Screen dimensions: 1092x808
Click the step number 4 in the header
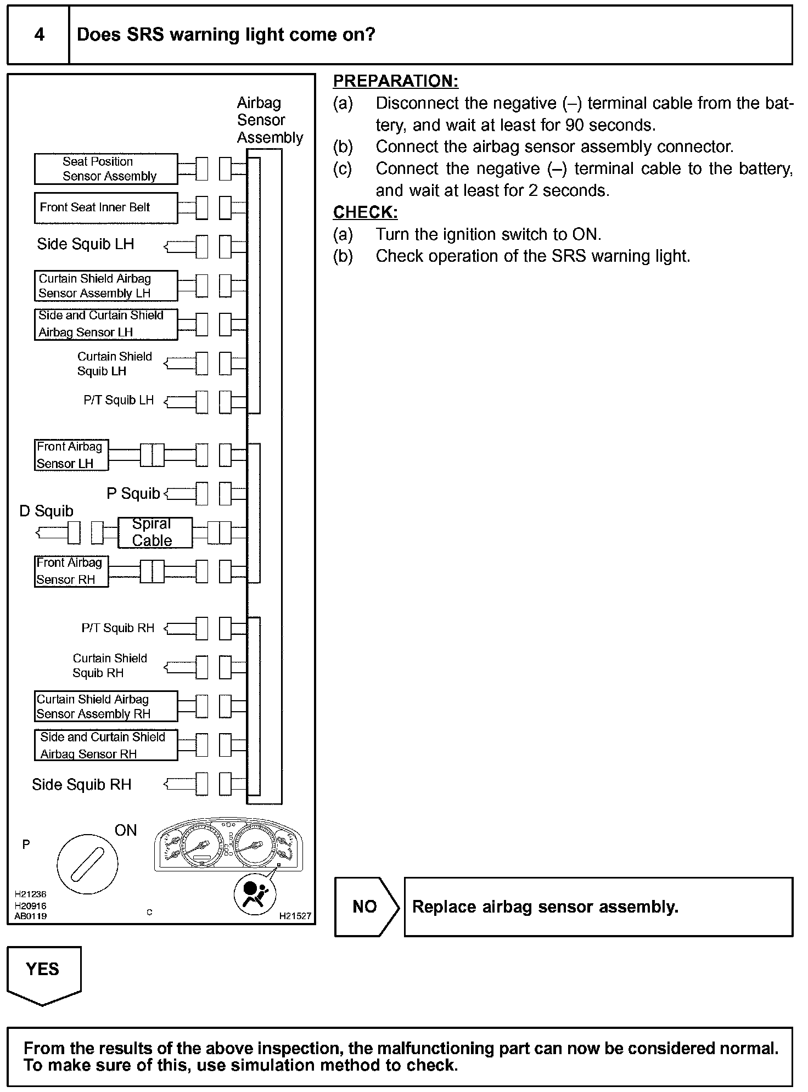[39, 35]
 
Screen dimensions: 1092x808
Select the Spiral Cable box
[155, 532]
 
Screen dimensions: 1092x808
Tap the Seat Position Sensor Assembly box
[106, 169]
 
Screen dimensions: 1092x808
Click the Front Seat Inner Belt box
[106, 208]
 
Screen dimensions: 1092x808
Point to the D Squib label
[46, 511]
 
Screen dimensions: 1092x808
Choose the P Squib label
[133, 494]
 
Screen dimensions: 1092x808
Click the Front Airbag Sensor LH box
[71, 455]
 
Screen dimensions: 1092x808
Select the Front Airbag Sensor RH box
[71, 571]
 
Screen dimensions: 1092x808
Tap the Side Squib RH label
[82, 785]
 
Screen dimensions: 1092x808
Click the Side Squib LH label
[86, 244]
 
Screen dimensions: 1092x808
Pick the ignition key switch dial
[87, 864]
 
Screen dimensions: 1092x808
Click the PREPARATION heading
[395, 81]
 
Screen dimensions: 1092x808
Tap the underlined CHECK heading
[365, 212]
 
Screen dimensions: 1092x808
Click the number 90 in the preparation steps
[574, 125]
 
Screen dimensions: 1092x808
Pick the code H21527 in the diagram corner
[295, 916]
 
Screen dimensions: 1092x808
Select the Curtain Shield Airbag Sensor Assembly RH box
[106, 706]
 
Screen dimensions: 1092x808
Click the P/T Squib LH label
[119, 401]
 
